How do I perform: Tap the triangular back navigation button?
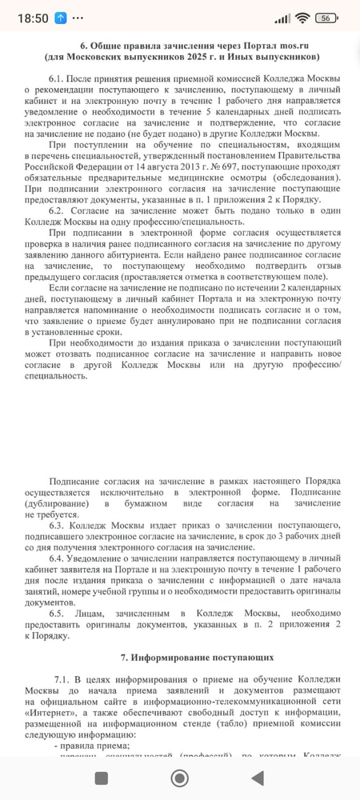(258, 778)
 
